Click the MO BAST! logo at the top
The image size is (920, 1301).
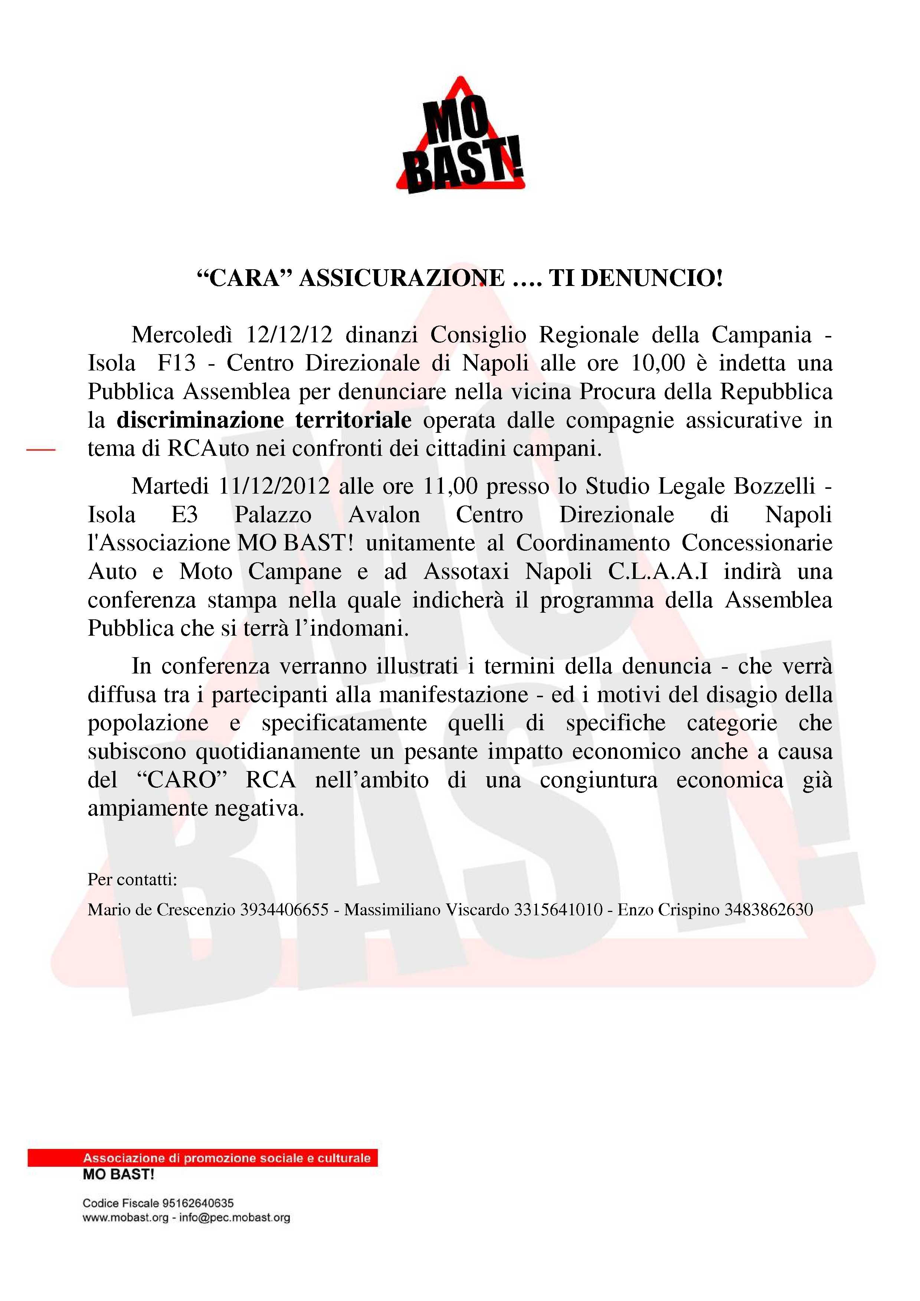click(x=460, y=136)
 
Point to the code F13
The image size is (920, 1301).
click(x=176, y=363)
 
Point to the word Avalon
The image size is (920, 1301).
click(x=384, y=514)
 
